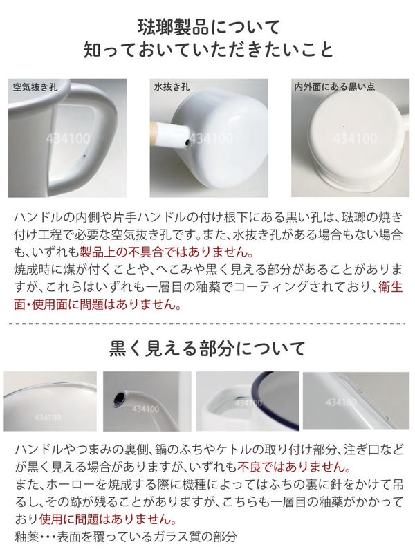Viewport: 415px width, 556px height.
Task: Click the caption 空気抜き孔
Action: pos(35,87)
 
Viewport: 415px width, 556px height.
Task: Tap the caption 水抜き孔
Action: pos(172,87)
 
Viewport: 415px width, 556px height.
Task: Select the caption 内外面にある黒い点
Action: pos(335,86)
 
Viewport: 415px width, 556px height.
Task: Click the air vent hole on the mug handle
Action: pos(84,156)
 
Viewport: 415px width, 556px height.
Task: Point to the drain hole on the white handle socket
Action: pos(186,142)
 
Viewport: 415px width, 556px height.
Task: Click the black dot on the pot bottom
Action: pos(343,127)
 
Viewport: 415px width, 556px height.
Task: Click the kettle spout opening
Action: pos(119,398)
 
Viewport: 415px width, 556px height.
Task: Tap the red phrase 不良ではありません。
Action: pos(294,467)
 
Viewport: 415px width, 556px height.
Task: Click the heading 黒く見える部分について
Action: pos(207,349)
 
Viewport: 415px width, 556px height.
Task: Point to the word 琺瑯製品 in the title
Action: pos(174,27)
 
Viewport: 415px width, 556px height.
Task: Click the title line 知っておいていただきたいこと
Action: pos(209,50)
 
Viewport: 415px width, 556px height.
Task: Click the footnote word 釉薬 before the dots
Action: pos(26,537)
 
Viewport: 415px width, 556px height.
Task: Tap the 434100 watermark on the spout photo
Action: pos(145,409)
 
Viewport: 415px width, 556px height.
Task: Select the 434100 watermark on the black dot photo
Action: pos(355,138)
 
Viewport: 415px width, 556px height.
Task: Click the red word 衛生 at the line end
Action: pos(391,287)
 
